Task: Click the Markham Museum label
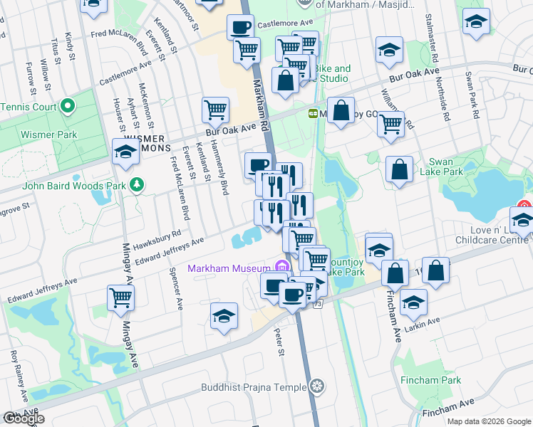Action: pyautogui.click(x=228, y=268)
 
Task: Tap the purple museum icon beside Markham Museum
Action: pyautogui.click(x=281, y=268)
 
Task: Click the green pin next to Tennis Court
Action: pyautogui.click(x=68, y=107)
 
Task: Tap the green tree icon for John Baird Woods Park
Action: pyautogui.click(x=137, y=186)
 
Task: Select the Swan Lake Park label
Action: pyautogui.click(x=446, y=167)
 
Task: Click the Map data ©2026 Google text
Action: pyautogui.click(x=489, y=421)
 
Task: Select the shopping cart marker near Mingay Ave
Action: pyautogui.click(x=121, y=298)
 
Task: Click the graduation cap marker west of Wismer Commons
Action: pyautogui.click(x=126, y=152)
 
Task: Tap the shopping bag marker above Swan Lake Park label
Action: pyautogui.click(x=400, y=170)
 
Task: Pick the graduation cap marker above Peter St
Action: pyautogui.click(x=224, y=317)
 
